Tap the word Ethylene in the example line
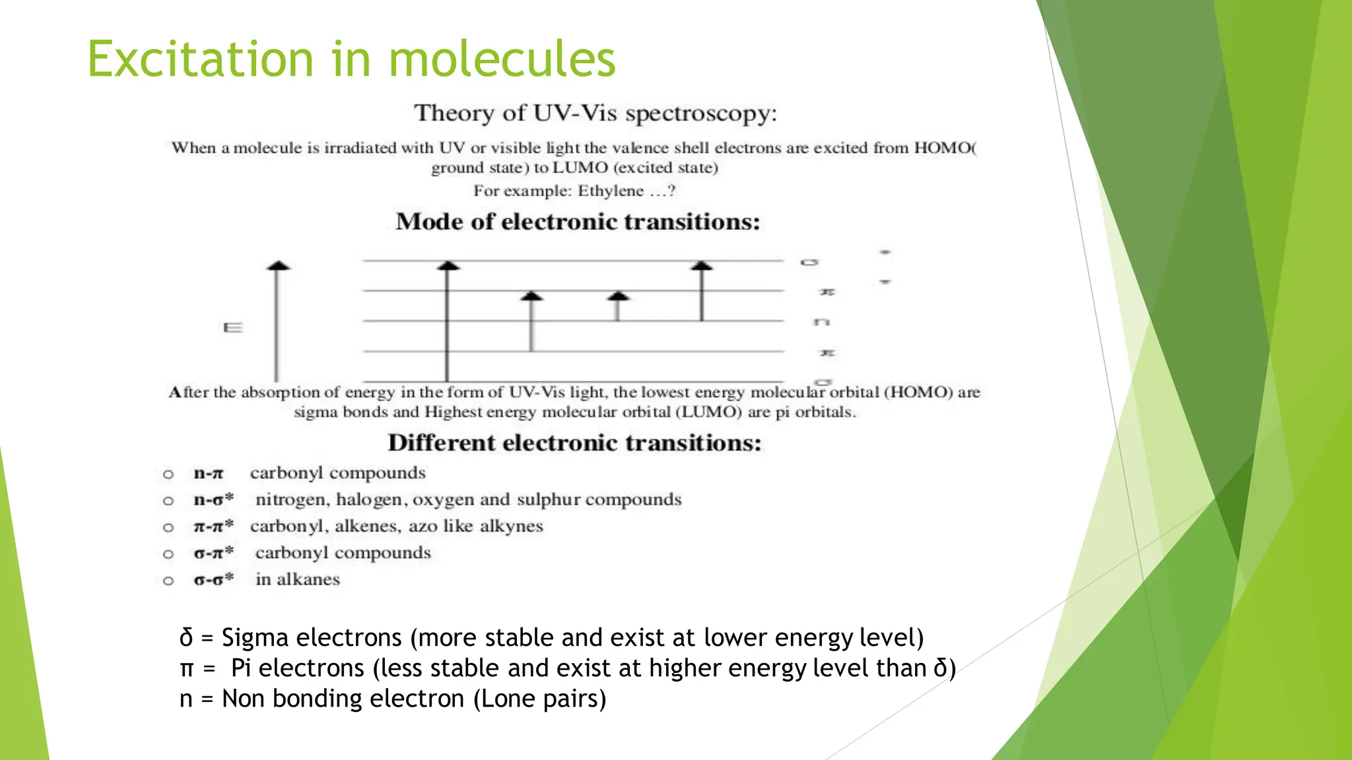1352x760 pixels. coord(611,191)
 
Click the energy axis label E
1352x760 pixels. coord(233,328)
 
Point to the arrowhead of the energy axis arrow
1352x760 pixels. coord(278,266)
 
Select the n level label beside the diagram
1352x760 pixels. coord(822,322)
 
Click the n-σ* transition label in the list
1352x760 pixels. coord(213,500)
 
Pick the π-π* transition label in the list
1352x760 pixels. coord(213,526)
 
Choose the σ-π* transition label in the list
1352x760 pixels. coord(213,553)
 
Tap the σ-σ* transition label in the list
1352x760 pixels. coord(213,580)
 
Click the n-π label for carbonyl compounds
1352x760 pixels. coord(209,474)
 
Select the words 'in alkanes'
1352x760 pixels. coord(298,580)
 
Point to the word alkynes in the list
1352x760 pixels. coord(511,526)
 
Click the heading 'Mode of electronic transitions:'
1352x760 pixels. coord(578,222)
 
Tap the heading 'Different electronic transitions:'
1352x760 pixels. coord(574,443)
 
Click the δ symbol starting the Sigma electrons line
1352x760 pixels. coord(186,638)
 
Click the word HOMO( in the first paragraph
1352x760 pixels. coord(945,148)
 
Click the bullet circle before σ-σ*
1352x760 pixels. coord(168,581)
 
